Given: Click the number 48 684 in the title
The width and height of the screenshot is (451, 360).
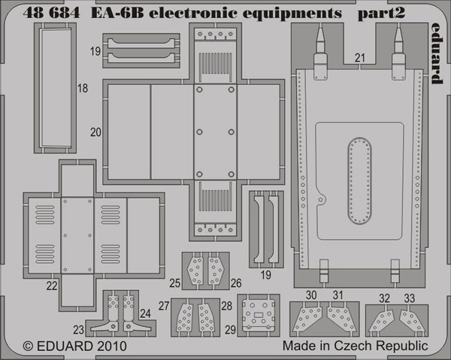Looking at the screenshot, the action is [x=51, y=13].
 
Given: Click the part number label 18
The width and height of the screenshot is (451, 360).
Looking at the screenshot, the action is [x=83, y=88].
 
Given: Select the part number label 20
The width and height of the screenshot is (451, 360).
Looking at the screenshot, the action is [x=95, y=132].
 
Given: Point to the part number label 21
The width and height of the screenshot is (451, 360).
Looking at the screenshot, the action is [x=359, y=58].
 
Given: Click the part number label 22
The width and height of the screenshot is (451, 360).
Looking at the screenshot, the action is [x=52, y=286].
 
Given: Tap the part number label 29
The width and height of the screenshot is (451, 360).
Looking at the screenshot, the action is [x=231, y=330].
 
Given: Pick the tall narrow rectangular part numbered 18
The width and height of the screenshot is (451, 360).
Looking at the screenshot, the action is [x=56, y=88].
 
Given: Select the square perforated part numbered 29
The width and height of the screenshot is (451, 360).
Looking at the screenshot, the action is [x=259, y=315].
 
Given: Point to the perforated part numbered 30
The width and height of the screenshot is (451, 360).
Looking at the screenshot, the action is [x=307, y=319].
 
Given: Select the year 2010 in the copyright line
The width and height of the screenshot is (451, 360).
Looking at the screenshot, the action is [x=112, y=346].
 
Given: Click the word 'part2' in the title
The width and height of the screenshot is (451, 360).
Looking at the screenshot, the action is [x=381, y=14].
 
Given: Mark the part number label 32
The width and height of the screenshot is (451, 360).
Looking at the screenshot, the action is [x=384, y=298].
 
